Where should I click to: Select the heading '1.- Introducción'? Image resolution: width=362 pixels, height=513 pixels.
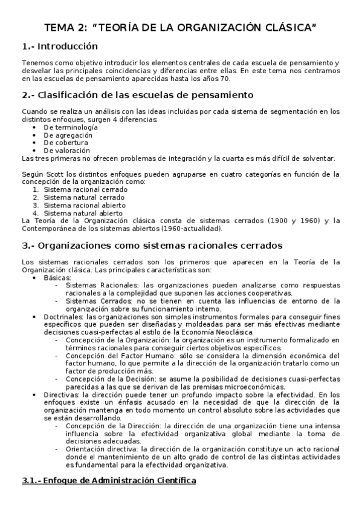59,47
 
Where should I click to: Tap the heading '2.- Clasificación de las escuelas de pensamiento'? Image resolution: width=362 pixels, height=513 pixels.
133,95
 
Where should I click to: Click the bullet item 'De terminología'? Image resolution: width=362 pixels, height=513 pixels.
71,128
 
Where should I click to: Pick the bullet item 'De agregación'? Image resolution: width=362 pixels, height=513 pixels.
68,136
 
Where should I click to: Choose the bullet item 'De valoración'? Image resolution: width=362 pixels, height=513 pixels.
67,151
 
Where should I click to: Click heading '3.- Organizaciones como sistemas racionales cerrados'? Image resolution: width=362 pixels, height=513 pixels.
151,246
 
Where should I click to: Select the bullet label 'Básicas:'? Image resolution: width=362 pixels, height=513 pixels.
57,277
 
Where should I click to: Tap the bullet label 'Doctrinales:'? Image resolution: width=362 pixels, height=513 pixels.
63,316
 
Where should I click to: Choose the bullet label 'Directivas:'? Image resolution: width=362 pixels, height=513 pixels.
62,394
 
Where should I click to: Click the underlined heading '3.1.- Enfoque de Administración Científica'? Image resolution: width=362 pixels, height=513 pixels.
109,481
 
